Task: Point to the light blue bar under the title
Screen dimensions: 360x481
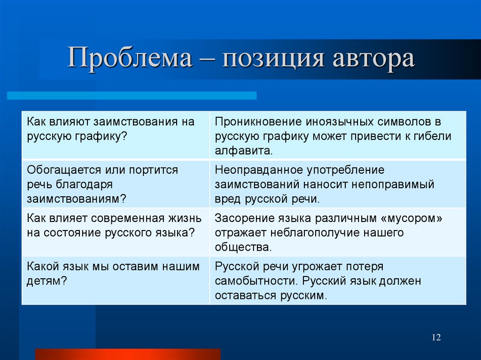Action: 132,95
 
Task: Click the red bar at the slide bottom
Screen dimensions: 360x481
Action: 128,354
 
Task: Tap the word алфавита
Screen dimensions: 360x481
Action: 243,151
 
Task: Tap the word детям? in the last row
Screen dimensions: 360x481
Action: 46,281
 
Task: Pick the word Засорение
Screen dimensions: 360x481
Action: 242,218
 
